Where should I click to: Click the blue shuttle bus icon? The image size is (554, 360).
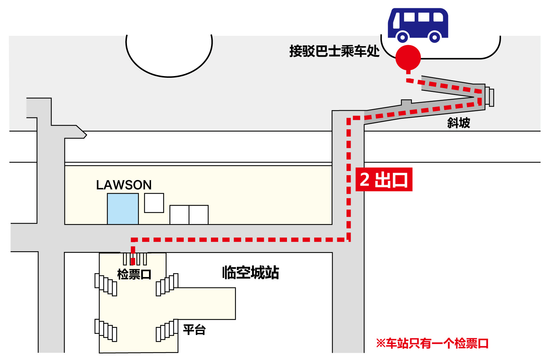click(x=418, y=25)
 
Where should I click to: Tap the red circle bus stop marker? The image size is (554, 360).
click(x=408, y=58)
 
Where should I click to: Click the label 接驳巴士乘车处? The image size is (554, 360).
click(x=334, y=51)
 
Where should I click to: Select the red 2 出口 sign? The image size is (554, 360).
click(x=384, y=179)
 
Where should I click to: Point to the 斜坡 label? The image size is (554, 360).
click(x=459, y=123)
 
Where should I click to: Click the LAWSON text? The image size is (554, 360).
click(x=124, y=185)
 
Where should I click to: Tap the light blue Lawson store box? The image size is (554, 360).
click(x=122, y=209)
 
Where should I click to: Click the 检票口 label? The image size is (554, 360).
click(x=134, y=274)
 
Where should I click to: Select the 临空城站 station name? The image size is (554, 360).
click(x=251, y=273)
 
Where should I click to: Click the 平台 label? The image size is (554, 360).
click(x=194, y=330)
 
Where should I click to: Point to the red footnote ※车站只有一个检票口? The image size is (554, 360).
click(x=432, y=343)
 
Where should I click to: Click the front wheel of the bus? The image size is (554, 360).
click(x=402, y=38)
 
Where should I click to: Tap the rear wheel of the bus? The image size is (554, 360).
click(x=435, y=38)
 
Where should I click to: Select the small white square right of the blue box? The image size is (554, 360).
click(x=154, y=203)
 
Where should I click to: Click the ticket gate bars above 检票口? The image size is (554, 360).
click(x=135, y=259)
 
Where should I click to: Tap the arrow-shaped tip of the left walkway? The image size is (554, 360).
click(x=84, y=135)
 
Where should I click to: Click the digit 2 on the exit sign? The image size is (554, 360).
click(x=365, y=179)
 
